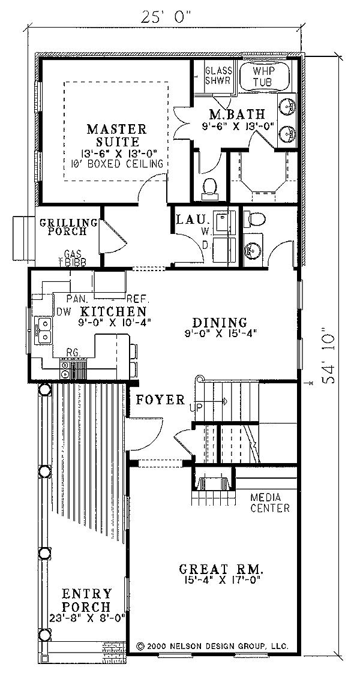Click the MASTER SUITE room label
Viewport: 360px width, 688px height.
[x=116, y=136]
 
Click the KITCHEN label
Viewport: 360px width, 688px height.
[x=113, y=311]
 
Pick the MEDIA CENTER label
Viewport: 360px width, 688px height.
[x=270, y=503]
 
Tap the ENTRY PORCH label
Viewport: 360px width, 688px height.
[x=87, y=599]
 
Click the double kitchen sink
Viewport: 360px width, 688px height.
[x=43, y=332]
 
